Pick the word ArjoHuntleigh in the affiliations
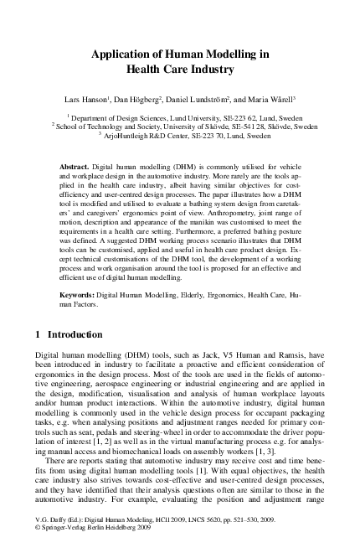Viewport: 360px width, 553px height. [x=129, y=135]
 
